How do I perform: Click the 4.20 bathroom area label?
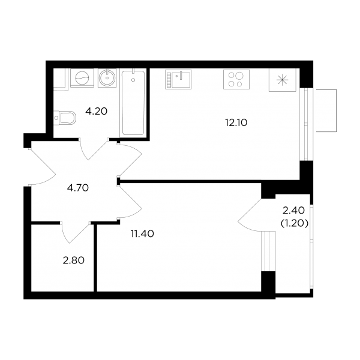(x=97, y=112)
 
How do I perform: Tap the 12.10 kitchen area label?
(x=236, y=123)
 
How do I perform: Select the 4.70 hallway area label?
(x=78, y=188)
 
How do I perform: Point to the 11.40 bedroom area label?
(x=142, y=234)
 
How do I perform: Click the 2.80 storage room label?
(x=74, y=260)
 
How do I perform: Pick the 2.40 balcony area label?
(x=293, y=211)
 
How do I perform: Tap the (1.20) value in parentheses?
(x=295, y=223)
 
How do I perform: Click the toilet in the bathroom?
(x=65, y=118)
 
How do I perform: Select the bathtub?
(x=133, y=103)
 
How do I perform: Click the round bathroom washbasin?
(x=107, y=77)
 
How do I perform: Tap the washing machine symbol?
(x=82, y=78)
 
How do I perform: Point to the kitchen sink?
(x=178, y=79)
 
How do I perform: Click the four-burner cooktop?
(x=236, y=79)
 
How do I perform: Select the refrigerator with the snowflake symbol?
(x=283, y=80)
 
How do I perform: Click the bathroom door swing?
(x=94, y=149)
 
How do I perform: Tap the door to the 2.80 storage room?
(x=76, y=232)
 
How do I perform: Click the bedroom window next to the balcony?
(x=268, y=251)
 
